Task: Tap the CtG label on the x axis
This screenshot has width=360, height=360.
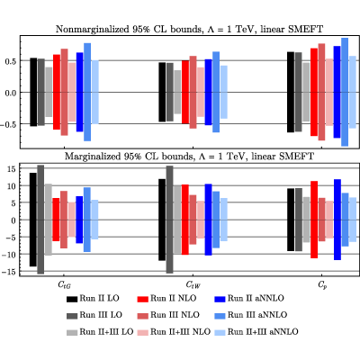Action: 64,285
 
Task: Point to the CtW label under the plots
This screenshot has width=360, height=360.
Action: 193,284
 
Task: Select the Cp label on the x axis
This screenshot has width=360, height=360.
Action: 322,285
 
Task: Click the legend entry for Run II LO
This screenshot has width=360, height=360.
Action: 93,299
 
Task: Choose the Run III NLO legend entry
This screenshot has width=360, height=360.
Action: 168,315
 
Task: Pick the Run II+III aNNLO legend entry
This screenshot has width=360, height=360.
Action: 256,332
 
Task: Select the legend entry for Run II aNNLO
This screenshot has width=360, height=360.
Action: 249,299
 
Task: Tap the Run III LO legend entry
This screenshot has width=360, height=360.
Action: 94,315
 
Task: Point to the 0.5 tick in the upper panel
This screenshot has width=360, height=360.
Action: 11,61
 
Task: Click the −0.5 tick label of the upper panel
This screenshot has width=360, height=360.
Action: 8,124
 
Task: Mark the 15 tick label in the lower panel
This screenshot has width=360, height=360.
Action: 12,169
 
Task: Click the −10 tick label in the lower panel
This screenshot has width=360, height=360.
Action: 9,255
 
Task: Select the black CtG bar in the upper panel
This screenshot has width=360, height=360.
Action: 33,92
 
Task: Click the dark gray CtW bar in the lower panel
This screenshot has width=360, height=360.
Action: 169,220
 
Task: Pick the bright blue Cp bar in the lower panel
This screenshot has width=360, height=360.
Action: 337,220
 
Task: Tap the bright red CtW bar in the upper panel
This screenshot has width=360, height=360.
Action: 185,92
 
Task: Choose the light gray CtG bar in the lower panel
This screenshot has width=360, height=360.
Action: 49,220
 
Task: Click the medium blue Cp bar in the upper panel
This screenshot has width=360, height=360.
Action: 345,92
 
